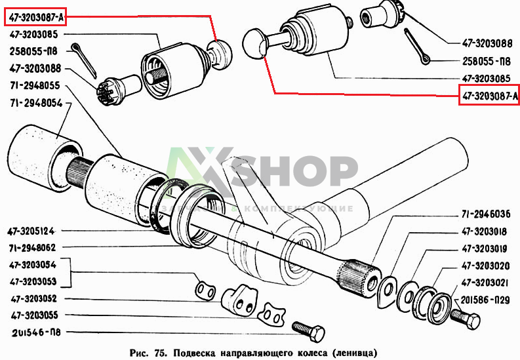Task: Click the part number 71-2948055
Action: pyautogui.click(x=35, y=86)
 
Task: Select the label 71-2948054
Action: pyautogui.click(x=36, y=104)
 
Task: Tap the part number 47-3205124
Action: pyautogui.click(x=31, y=231)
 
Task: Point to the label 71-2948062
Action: pyautogui.click(x=32, y=248)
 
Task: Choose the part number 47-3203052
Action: pyautogui.click(x=34, y=298)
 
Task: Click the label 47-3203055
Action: pyautogui.click(x=35, y=315)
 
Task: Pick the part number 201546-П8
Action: pyautogui.click(x=36, y=332)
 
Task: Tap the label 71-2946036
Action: pyautogui.click(x=486, y=214)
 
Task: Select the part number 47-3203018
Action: pyautogui.click(x=484, y=231)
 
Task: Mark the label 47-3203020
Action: pyautogui.click(x=485, y=266)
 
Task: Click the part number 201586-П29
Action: pyautogui.click(x=485, y=300)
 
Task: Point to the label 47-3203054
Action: pyautogui.click(x=33, y=265)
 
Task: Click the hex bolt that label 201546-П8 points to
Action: pyautogui.click(x=308, y=331)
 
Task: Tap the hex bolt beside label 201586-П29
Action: pyautogui.click(x=466, y=318)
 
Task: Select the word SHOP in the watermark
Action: pyautogui.click(x=293, y=171)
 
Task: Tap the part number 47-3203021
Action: pyautogui.click(x=485, y=283)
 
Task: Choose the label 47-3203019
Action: pyautogui.click(x=484, y=249)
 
